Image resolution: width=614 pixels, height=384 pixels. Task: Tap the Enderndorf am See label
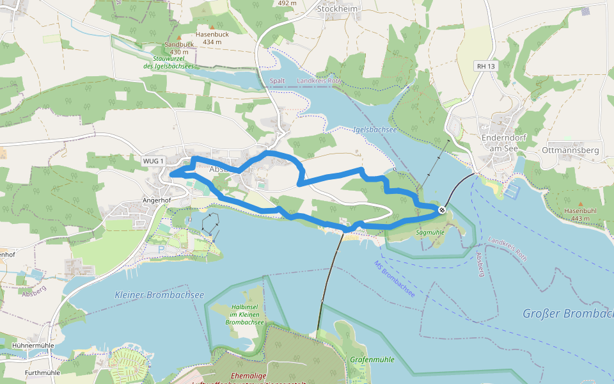tap(503, 143)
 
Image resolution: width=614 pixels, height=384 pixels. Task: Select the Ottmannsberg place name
tap(569, 150)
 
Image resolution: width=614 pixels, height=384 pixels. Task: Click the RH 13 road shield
tap(485, 66)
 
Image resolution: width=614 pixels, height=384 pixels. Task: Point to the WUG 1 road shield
tap(153, 160)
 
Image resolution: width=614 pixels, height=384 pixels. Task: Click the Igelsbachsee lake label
tap(375, 129)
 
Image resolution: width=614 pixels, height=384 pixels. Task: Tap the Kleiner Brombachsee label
tap(159, 295)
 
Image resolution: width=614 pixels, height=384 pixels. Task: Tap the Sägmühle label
tap(430, 232)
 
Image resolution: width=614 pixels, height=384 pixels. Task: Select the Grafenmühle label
tap(372, 359)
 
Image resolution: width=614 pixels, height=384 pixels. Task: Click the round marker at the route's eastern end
tap(442, 209)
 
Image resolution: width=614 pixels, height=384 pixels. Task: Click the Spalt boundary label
tap(277, 81)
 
